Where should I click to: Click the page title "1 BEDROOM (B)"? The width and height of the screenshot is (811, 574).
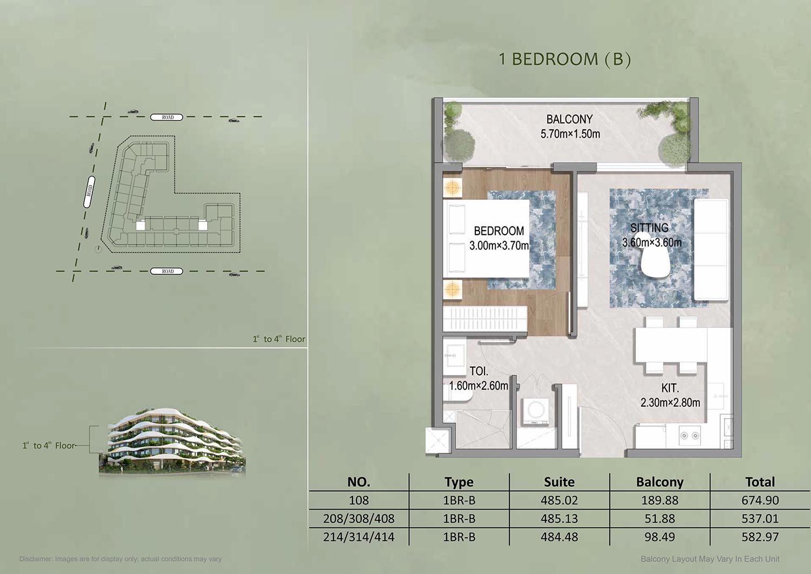coord(565,60)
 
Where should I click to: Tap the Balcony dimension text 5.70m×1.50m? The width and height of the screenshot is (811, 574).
coord(570,134)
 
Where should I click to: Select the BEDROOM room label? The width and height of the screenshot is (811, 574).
coord(499,231)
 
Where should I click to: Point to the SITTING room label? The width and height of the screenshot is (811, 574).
coord(649,228)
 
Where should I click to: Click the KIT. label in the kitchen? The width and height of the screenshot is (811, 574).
coord(670,388)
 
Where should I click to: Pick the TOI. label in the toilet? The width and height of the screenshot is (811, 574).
coord(479,371)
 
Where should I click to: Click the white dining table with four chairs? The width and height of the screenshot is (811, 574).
coord(670,345)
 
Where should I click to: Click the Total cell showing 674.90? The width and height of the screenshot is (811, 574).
coord(760,500)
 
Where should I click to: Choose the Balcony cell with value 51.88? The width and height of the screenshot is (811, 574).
coord(660,519)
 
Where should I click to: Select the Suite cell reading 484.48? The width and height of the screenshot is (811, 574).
coord(560,537)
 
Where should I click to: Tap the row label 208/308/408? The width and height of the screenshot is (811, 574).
coord(359,519)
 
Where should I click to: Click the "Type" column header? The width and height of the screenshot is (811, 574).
coord(459,483)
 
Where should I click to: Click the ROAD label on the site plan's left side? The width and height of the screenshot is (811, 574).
coord(89,192)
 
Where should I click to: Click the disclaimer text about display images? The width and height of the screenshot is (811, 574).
coord(120,559)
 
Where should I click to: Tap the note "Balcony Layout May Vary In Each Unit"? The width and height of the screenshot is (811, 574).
coord(710,559)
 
